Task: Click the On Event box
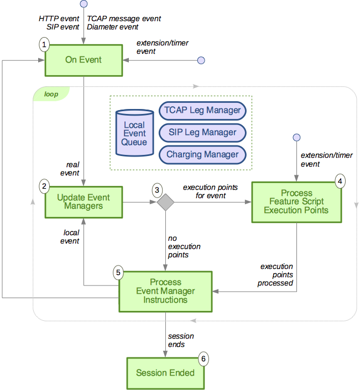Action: [x=84, y=60]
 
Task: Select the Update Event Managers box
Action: [x=84, y=202]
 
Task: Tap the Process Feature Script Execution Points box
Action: [x=296, y=202]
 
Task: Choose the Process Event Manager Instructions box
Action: [x=165, y=292]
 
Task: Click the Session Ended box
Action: [x=165, y=373]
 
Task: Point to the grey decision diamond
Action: [x=165, y=202]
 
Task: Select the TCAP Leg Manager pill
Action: [x=202, y=110]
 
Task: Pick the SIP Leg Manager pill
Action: [x=202, y=132]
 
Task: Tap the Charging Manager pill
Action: [x=202, y=154]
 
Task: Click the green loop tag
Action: [x=51, y=94]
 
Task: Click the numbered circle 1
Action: [x=44, y=44]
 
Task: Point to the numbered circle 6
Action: [x=204, y=359]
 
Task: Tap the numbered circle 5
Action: [x=118, y=272]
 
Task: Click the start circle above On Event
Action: [x=84, y=4]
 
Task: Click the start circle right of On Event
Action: [x=201, y=60]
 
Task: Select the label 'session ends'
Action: [x=180, y=340]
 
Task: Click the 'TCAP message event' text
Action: [x=124, y=19]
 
